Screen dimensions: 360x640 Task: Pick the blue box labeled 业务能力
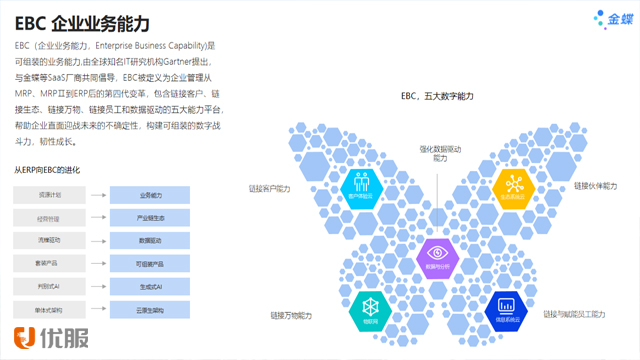coord(150,194)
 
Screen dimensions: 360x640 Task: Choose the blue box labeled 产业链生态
coord(150,217)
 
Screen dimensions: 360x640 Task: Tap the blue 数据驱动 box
coord(150,240)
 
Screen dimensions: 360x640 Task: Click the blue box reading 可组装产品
coord(150,263)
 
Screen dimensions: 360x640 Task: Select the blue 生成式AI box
coord(150,286)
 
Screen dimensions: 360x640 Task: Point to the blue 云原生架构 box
coord(150,309)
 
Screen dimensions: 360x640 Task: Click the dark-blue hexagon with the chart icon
coord(507,311)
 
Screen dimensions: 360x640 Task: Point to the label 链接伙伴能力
coord(596,186)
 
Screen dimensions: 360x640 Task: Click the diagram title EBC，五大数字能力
coord(437,95)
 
